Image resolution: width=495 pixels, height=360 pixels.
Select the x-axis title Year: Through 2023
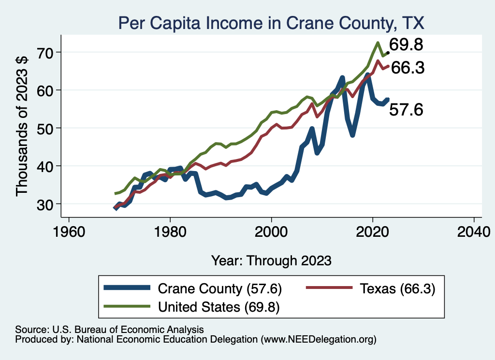[x=271, y=260]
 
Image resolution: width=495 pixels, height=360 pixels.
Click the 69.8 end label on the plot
[x=406, y=45]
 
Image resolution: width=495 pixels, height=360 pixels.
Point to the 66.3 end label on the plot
[x=408, y=68]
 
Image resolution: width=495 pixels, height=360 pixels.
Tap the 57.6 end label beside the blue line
[x=406, y=110]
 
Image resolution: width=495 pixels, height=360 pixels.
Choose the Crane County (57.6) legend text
[x=219, y=289]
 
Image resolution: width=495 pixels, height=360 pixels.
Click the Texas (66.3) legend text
[x=397, y=289]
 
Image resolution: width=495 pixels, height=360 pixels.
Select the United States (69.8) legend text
[x=219, y=306]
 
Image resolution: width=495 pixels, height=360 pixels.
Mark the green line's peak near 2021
[x=377, y=43]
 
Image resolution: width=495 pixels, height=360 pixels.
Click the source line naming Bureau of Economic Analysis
[x=110, y=329]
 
